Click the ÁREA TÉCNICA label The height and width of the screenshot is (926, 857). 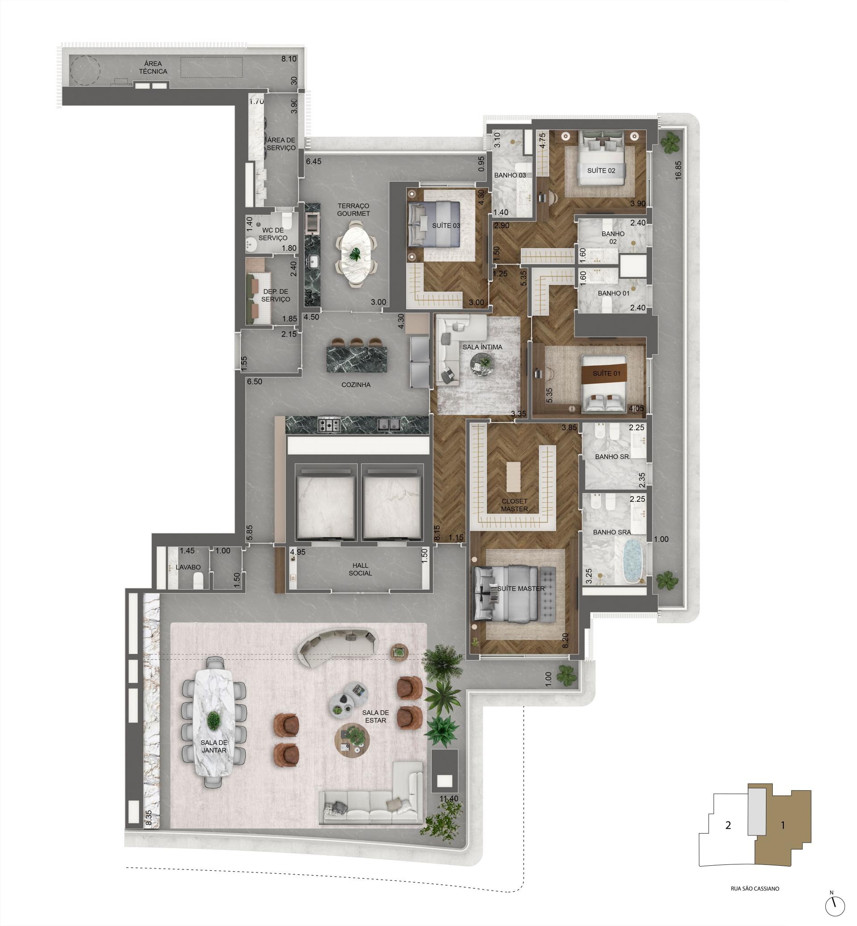point(153,68)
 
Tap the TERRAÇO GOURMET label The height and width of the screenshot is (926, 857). point(354,210)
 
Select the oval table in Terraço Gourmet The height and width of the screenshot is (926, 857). point(356,254)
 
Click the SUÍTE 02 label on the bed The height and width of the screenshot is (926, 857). point(601,170)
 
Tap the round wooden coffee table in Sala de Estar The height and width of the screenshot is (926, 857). point(352,740)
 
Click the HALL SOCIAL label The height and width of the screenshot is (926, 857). point(360,569)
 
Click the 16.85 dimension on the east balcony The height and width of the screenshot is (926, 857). point(678,170)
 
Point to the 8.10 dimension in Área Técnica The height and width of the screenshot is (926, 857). point(289,59)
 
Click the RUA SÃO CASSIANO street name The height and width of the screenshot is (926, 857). point(755,889)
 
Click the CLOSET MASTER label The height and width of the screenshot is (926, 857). point(514,505)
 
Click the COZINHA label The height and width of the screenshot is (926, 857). point(356,384)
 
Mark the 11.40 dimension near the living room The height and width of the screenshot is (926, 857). point(449,799)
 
